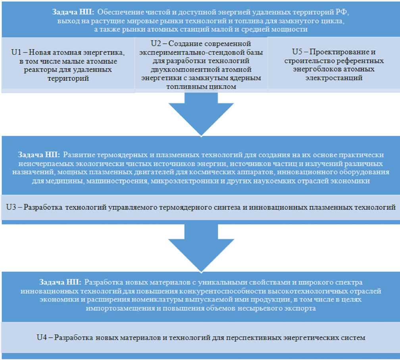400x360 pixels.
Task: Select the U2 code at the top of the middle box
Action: coord(156,43)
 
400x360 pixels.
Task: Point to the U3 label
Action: coord(11,207)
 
